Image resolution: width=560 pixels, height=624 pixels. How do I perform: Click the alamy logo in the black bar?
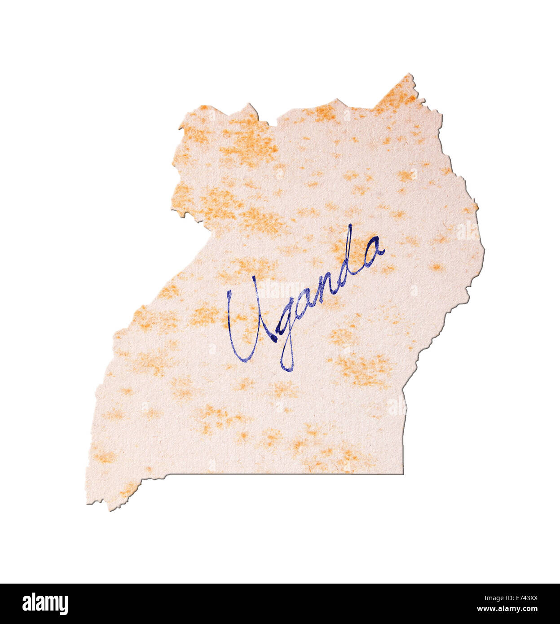click(x=45, y=604)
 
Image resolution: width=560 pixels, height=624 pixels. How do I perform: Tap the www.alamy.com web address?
click(x=507, y=609)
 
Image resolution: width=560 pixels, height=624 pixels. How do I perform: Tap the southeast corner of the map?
click(x=402, y=473)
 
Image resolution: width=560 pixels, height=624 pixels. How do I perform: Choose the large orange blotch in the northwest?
click(x=247, y=139)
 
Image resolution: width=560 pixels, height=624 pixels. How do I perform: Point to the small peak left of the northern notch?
click(x=249, y=105)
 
